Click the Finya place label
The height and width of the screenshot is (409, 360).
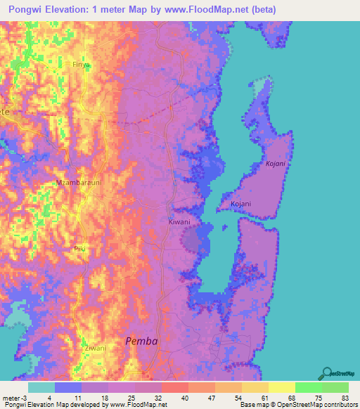coord(82,64)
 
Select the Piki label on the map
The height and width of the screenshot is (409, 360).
coord(78,249)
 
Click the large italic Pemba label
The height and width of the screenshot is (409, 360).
coord(141,341)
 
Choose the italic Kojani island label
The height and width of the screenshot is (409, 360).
coord(276,164)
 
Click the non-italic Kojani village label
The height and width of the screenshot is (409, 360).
coord(241,204)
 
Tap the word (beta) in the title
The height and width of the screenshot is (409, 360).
coord(259,10)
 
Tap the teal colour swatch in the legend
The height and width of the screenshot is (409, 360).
coord(41,387)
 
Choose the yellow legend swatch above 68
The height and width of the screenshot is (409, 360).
coord(282,387)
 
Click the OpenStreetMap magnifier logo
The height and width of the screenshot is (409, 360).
coord(326,372)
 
